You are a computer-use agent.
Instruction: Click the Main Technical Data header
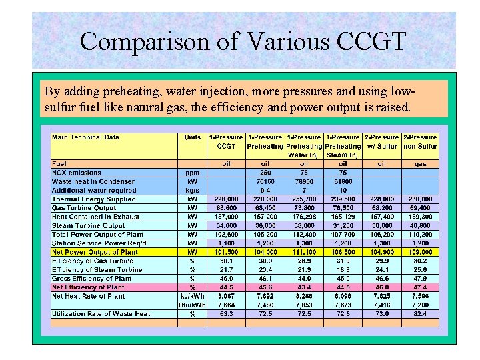(86, 137)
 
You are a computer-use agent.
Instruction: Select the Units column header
(193, 137)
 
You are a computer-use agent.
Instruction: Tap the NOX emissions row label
(77, 173)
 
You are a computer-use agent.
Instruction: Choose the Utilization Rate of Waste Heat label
(101, 313)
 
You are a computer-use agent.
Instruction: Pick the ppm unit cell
(193, 173)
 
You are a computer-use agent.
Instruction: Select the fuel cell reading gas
(420, 163)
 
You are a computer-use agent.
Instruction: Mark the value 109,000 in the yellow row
(420, 252)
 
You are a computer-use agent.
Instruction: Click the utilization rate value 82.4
(420, 313)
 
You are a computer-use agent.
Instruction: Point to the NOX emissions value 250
(265, 173)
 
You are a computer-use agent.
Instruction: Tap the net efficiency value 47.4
(420, 287)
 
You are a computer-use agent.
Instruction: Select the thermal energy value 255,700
(304, 199)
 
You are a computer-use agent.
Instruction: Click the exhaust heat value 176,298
(304, 217)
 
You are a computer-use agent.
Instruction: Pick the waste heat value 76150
(265, 181)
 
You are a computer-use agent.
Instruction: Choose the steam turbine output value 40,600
(420, 225)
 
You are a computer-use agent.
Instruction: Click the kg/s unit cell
(193, 190)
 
